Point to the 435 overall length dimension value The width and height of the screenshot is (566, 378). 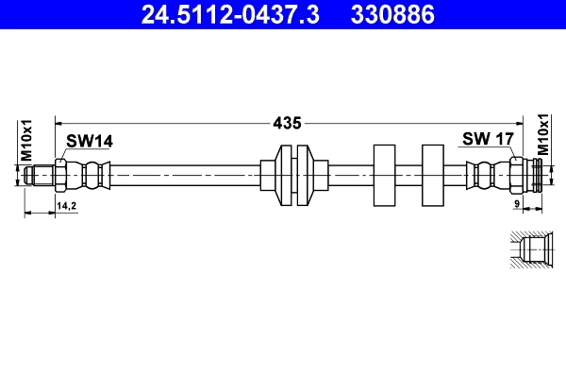287,122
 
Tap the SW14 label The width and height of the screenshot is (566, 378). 90,142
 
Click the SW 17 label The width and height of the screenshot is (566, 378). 487,139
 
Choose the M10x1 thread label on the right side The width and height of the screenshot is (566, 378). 543,135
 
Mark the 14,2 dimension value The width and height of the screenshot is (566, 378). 67,205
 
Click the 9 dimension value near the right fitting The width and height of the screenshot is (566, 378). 517,204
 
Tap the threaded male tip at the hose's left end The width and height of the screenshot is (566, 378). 40,175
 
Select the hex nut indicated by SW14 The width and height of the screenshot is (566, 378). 61,175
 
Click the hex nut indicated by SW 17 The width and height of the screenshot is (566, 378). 517,175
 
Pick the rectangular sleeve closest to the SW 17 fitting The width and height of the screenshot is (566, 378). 432,175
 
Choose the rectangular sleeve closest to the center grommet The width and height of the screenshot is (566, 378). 384,175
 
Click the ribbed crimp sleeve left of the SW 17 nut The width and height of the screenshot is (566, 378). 483,175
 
